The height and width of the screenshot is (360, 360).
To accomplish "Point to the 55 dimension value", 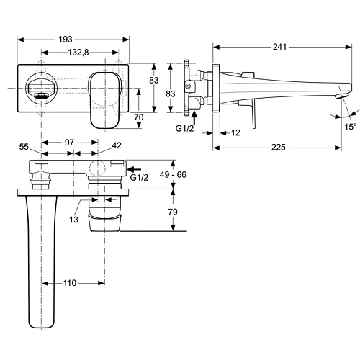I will click(x=24, y=146).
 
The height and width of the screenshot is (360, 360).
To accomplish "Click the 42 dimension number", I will click(x=117, y=146).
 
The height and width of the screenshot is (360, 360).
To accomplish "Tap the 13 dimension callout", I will click(x=74, y=220).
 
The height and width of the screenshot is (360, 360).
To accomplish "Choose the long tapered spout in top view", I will click(x=42, y=259).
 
